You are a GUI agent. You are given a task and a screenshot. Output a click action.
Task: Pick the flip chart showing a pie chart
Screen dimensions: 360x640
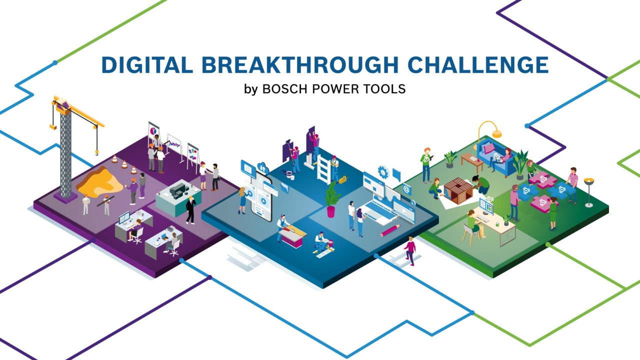[x=153, y=131]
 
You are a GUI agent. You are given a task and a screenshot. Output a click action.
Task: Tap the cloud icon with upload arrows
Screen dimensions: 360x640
[x=262, y=168]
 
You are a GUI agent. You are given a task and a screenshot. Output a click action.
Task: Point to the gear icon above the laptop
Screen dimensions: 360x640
[x=383, y=172]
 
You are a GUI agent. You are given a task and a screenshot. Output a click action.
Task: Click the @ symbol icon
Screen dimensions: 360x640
[x=406, y=189]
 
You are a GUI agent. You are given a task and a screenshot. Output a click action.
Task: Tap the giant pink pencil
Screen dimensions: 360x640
[x=390, y=230]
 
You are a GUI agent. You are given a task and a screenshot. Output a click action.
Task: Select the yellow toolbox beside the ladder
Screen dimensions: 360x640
[x=343, y=178]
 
